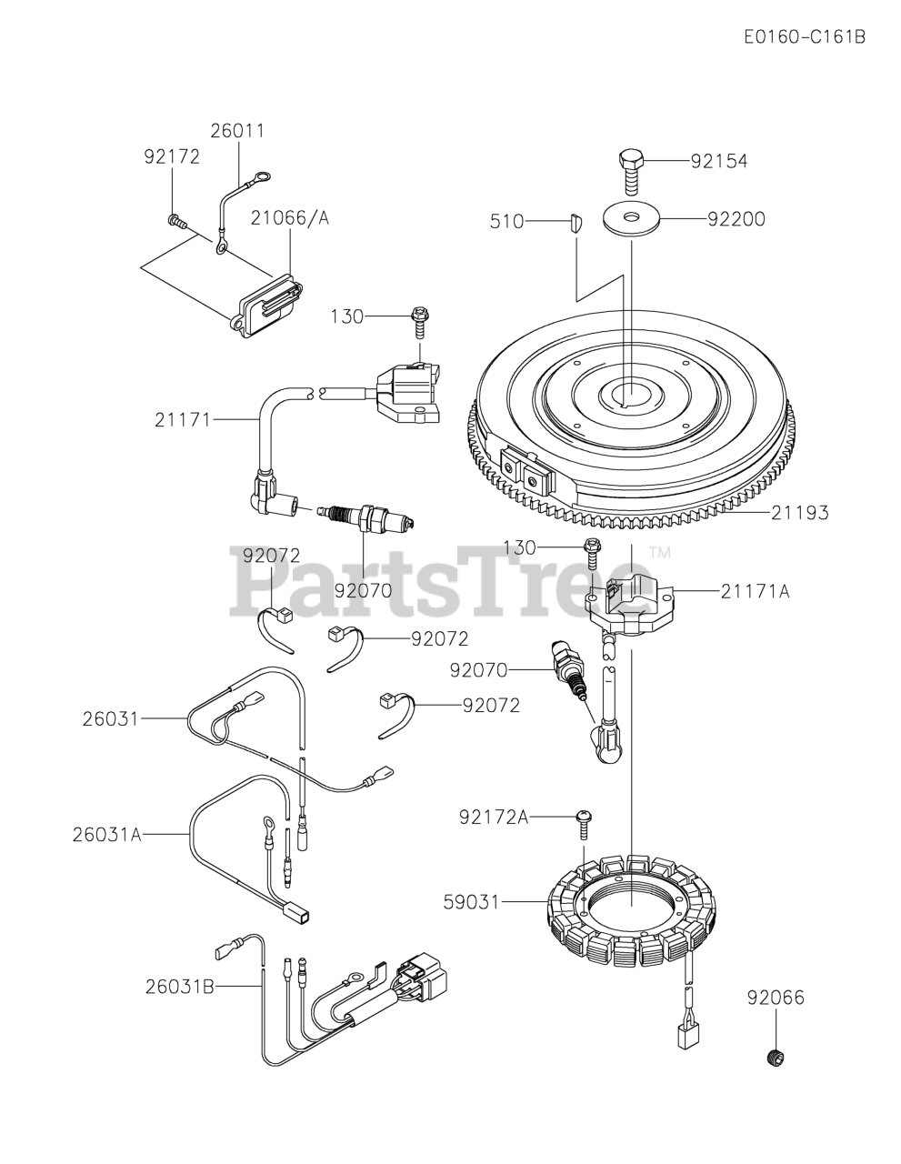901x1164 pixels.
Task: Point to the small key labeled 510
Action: pyautogui.click(x=571, y=223)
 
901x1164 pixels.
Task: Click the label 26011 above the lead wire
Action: pyautogui.click(x=237, y=131)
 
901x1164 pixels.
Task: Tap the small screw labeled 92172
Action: pyautogui.click(x=176, y=219)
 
